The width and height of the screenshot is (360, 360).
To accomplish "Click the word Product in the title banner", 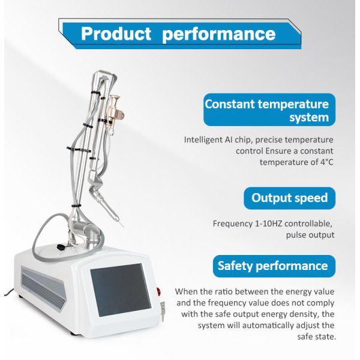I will coord(116,33).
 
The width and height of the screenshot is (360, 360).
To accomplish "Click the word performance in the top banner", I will coord(219,33).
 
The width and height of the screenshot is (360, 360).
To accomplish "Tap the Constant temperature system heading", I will coord(267,110).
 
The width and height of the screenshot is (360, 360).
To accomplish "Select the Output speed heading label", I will coord(289,198).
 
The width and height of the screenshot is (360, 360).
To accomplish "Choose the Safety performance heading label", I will coord(272,266).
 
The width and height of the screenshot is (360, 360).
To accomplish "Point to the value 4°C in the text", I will coord(323,162).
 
